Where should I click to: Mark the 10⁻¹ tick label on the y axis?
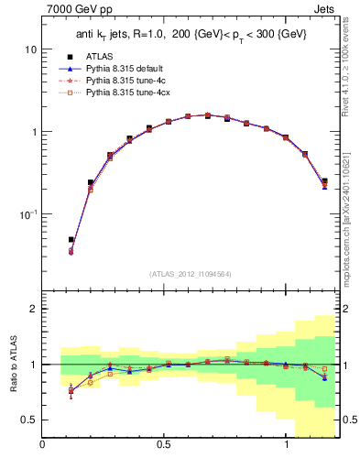coord(27,213)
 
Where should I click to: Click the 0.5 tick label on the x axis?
coord(164,446)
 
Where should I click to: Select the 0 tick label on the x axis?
coord(43,446)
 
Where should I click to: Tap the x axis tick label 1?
coord(286,446)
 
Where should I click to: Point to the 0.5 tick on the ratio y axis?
coord(27,420)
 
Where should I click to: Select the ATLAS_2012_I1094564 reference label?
coord(191,274)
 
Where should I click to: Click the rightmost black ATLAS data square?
coord(324,181)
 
